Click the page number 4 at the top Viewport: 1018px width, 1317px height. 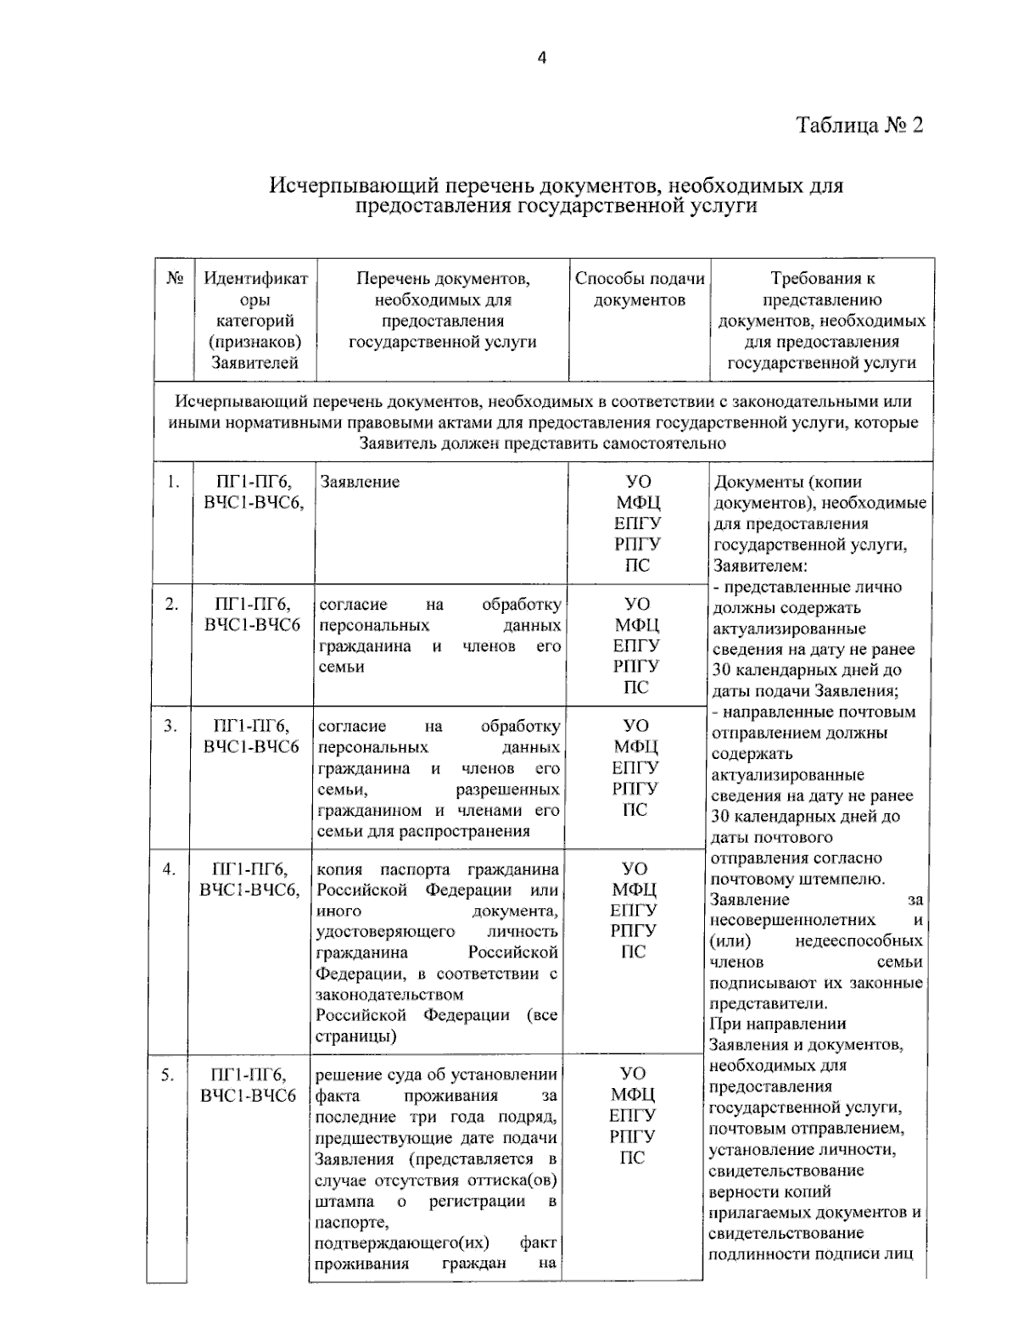542,59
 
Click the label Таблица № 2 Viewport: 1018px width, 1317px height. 859,126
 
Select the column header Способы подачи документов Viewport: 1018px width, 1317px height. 640,289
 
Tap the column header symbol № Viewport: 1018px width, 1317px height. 176,278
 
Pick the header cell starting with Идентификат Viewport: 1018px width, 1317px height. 255,278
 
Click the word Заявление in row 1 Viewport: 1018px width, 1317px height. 361,483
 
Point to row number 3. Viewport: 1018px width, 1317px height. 171,727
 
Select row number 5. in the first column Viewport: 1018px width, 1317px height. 168,1076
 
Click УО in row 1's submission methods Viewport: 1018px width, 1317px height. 638,483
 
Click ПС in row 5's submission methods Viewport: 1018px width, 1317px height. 633,1158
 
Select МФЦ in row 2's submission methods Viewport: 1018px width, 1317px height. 637,625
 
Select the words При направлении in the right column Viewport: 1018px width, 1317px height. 772,1024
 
